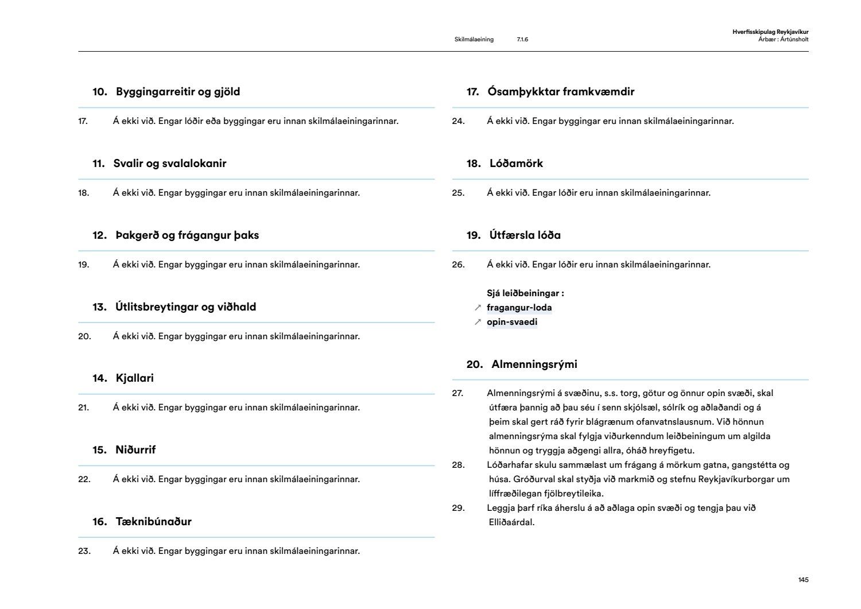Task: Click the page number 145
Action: coord(803,580)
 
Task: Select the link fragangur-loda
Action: coord(519,308)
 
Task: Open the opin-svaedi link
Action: coord(512,322)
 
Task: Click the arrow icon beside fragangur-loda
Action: coord(478,308)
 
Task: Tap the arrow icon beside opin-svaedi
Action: coord(478,322)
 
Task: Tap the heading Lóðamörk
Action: coord(516,164)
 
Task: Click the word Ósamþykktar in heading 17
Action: coord(522,92)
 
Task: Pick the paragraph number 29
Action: coord(458,508)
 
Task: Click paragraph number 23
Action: coord(84,551)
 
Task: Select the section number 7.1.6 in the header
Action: coord(522,40)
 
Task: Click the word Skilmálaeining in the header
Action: coord(474,40)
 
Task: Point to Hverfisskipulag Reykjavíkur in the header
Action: coord(770,32)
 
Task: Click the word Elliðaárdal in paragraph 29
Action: coord(510,522)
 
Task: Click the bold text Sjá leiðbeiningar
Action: coord(525,293)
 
